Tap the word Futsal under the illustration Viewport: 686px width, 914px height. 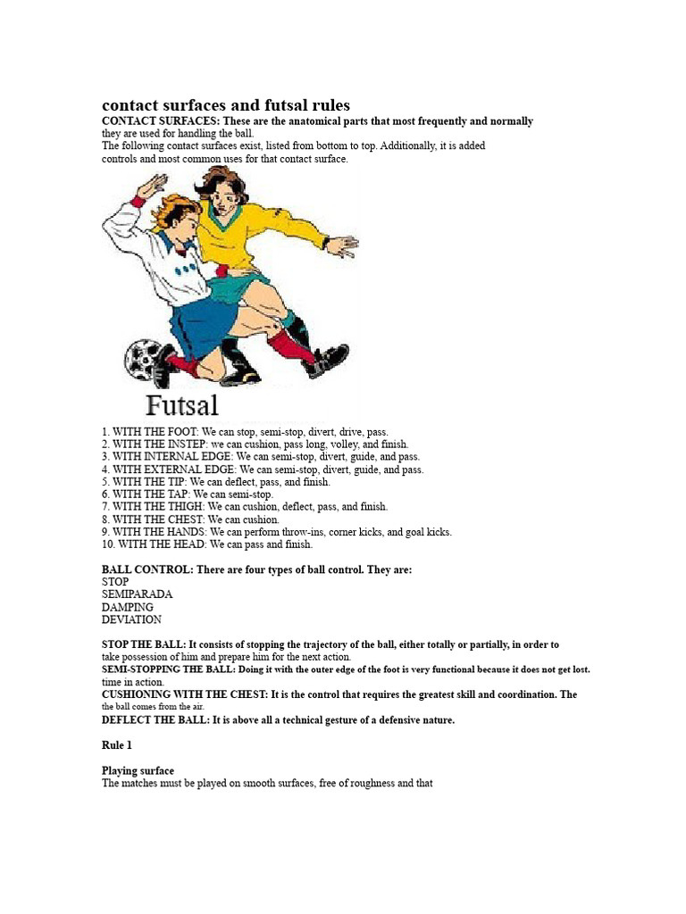pos(181,405)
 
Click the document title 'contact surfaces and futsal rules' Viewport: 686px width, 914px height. pos(226,105)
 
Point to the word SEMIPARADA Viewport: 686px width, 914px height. pos(138,594)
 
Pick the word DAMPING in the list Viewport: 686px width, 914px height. pos(128,607)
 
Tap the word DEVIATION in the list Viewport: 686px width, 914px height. pos(131,619)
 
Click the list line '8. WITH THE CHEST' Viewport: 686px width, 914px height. pos(190,519)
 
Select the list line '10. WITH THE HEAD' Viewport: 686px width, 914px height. pos(207,544)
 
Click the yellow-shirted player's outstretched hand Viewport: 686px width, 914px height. pos(342,245)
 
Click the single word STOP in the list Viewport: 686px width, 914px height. pos(115,581)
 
